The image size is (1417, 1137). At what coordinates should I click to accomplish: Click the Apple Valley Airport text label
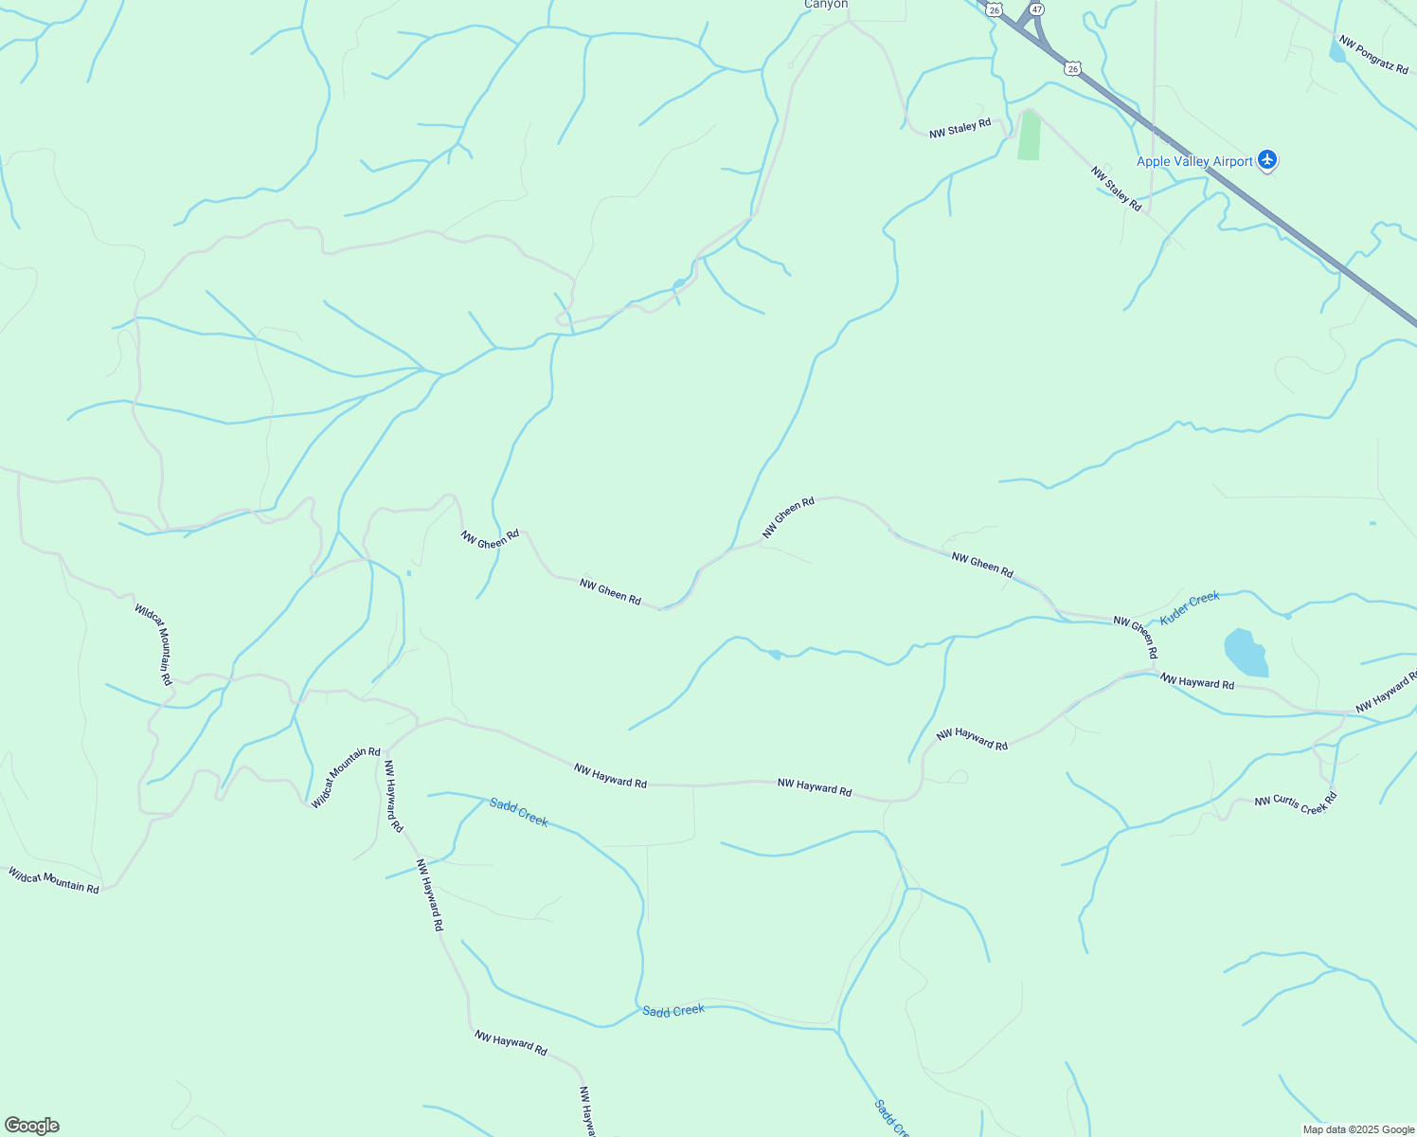pos(1194,161)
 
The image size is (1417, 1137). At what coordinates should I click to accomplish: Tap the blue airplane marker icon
pos(1268,160)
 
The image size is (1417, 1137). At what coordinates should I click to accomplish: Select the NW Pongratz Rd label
pos(1373,55)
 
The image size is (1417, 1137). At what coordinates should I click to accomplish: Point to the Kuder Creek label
pos(1190,606)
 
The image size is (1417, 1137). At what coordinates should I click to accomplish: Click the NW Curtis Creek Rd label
pos(1295,804)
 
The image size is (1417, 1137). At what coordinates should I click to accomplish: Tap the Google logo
pos(31,1126)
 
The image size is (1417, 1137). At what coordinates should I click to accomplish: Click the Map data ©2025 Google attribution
pos(1358,1129)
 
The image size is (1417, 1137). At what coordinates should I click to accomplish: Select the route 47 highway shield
pos(1037,9)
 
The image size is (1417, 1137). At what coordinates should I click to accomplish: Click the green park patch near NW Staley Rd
pos(1029,136)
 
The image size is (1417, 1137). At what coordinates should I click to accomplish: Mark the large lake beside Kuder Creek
pos(1246,653)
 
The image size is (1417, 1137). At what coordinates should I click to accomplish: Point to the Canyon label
pos(825,5)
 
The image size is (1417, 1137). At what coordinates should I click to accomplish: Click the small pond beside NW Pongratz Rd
pos(1336,51)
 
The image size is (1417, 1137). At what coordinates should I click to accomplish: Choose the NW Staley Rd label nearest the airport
pos(1116,189)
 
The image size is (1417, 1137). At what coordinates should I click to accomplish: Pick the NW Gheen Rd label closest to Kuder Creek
pos(1136,637)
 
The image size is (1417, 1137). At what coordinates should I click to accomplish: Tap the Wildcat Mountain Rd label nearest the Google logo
pos(54,881)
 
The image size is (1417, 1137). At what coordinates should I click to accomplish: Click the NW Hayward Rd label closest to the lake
pos(1197,682)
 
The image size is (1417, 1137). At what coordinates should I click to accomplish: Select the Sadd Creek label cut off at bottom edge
pos(891,1118)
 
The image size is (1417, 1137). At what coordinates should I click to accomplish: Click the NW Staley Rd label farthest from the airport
pos(960,128)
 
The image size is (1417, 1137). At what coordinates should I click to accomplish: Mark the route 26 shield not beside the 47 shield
pos(1071,68)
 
